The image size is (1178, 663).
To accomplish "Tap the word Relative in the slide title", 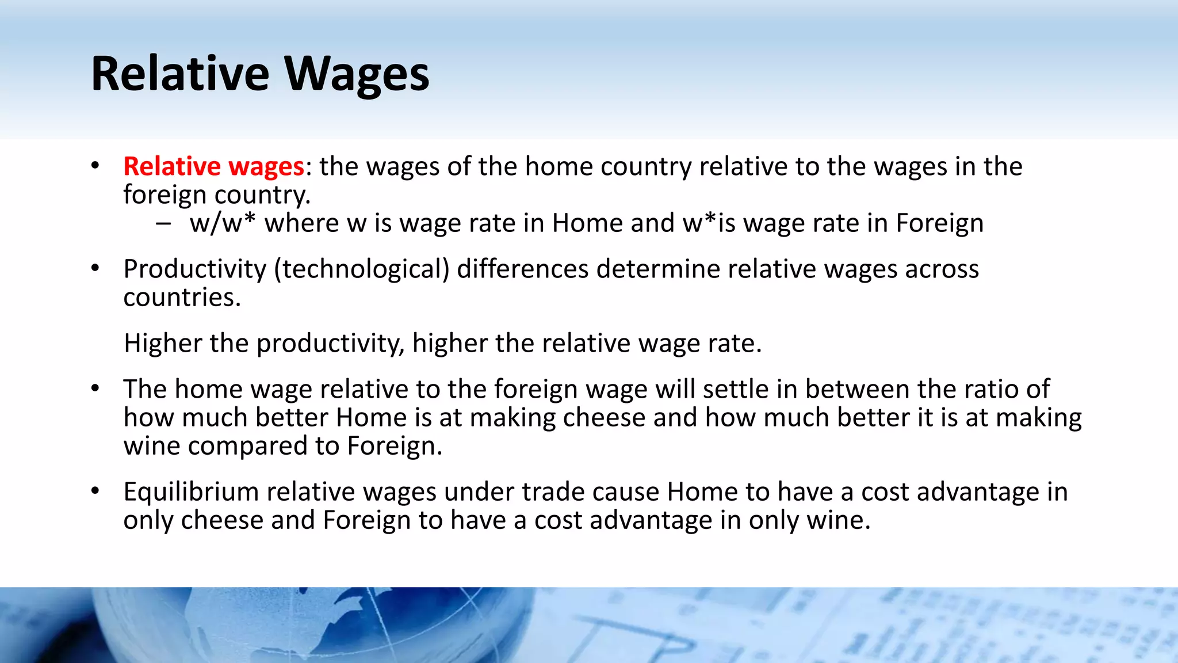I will (180, 74).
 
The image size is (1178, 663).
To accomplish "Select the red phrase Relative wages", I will (213, 166).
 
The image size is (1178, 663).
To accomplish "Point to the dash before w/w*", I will (163, 223).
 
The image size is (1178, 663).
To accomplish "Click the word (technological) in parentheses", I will (361, 269).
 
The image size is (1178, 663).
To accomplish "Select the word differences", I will (522, 269).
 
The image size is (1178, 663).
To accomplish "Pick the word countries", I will (182, 298).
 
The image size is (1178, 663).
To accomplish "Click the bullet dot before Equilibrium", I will (95, 491).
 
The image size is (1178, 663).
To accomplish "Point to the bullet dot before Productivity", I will (95, 268).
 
